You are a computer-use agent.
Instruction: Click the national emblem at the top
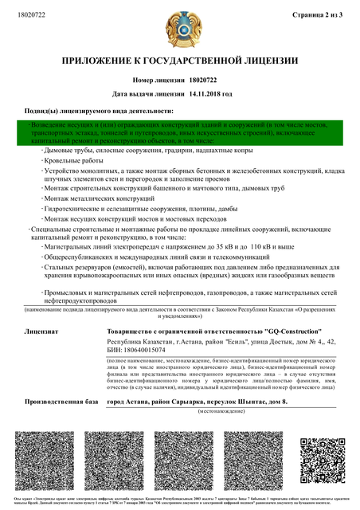click(179, 28)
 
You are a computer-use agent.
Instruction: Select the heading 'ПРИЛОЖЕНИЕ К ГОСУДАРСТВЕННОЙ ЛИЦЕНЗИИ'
click(180, 61)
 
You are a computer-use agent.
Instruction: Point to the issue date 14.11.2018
click(202, 94)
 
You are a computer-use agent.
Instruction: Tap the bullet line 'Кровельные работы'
click(74, 160)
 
